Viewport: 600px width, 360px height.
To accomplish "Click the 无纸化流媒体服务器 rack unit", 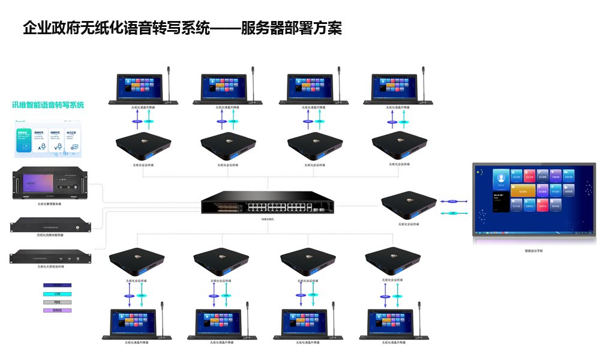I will pos(50,226).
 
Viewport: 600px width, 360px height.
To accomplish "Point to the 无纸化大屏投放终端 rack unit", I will pos(50,257).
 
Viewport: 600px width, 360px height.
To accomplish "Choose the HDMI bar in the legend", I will pos(58,285).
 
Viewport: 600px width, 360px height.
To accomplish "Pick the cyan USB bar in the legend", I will pos(58,293).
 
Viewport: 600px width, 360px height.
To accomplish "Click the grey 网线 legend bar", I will pos(58,302).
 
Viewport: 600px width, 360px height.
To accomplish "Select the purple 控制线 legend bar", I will pos(58,310).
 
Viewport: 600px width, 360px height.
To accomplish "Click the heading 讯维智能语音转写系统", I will pos(48,105).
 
